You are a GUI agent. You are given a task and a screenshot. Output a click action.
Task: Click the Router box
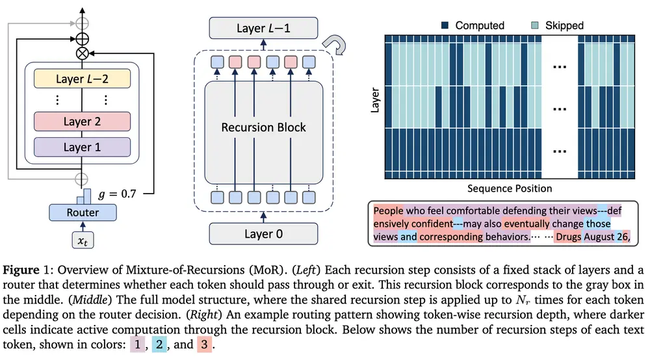[x=83, y=212]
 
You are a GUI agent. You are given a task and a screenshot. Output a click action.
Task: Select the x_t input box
[x=83, y=241]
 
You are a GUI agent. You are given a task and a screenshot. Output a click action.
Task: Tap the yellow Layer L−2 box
[x=82, y=79]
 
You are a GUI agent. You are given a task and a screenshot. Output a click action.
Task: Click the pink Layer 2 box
[x=82, y=122]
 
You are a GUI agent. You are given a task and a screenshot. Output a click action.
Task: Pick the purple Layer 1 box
[x=82, y=147]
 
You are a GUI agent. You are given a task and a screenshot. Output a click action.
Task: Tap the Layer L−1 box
[x=263, y=28]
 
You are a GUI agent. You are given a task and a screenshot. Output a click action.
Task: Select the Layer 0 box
[x=263, y=232]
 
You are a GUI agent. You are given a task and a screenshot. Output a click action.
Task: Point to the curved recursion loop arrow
[x=340, y=45]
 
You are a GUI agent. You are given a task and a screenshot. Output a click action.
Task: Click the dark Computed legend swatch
[x=446, y=25]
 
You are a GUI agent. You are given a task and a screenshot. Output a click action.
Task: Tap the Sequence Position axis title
[x=509, y=188]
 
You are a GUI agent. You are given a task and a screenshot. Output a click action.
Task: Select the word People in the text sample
[x=389, y=211]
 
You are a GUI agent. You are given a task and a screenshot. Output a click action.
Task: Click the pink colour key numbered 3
[x=204, y=344]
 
